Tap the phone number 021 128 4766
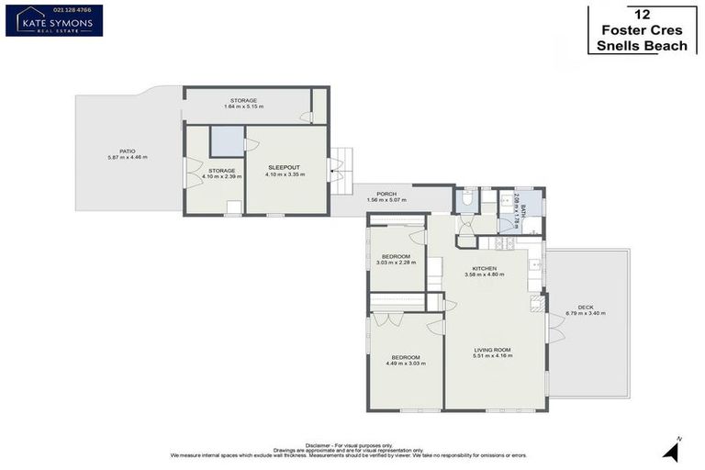tap(53, 10)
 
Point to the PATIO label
tap(127, 151)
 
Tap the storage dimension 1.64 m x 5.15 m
tap(243, 106)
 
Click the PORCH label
tap(386, 194)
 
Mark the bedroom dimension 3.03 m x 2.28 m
tap(395, 263)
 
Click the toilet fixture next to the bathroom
tap(465, 198)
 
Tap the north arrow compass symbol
tap(676, 449)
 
